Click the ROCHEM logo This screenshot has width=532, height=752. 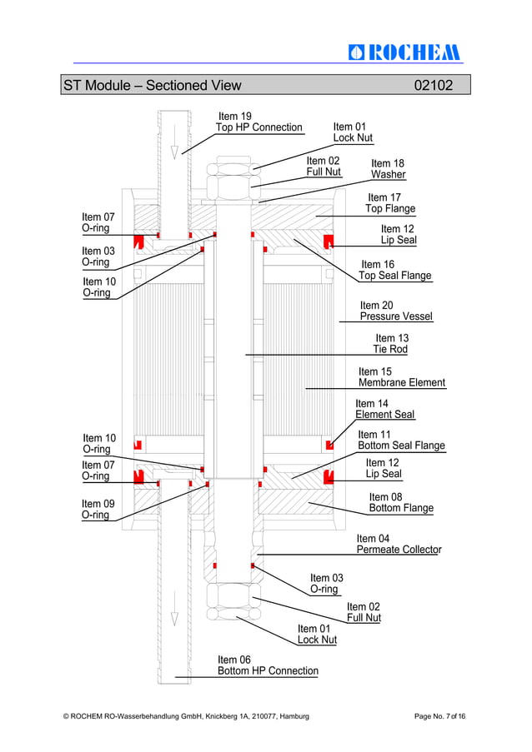click(404, 52)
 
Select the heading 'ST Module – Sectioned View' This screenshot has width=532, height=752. click(152, 85)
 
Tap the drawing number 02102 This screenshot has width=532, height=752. click(434, 85)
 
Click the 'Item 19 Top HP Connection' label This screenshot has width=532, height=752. click(258, 122)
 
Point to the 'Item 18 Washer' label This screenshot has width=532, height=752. click(388, 169)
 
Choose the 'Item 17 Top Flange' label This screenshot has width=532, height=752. click(389, 203)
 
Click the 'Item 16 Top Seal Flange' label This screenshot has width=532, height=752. click(394, 270)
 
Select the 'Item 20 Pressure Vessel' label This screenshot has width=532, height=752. click(396, 311)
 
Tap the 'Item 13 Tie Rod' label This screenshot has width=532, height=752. click(391, 343)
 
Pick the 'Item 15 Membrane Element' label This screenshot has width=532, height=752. click(401, 377)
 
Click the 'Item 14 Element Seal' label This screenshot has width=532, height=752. click(384, 409)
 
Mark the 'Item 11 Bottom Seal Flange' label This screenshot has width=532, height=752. click(400, 440)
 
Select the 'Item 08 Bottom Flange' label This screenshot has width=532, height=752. click(400, 502)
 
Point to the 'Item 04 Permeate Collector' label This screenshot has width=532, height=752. click(399, 544)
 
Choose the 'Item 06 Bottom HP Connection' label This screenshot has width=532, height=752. click(268, 665)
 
